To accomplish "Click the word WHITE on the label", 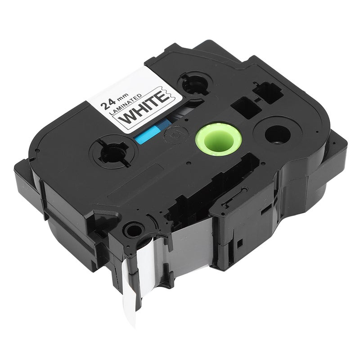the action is pyautogui.click(x=144, y=106).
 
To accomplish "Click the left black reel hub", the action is pyautogui.click(x=114, y=152).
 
